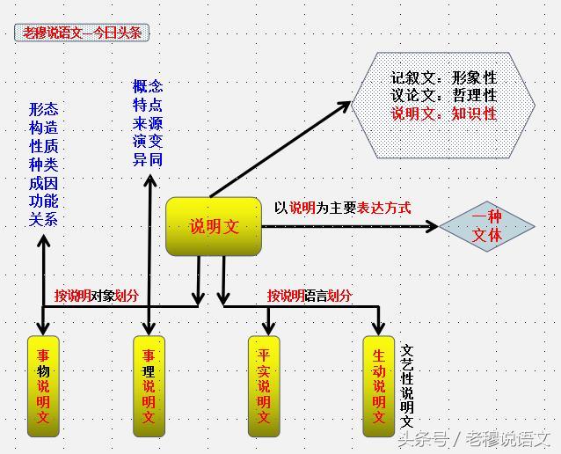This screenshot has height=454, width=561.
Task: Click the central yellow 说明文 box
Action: [214, 226]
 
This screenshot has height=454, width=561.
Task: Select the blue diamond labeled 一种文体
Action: [486, 226]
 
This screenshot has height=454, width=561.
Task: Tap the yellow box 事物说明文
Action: [43, 385]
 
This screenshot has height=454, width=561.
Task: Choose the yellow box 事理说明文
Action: [149, 385]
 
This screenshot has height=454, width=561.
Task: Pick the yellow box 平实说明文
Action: [264, 385]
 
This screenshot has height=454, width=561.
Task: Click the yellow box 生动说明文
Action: [379, 385]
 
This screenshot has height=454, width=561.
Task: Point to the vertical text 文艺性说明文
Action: [407, 385]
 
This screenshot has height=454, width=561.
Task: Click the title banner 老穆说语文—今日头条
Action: [83, 33]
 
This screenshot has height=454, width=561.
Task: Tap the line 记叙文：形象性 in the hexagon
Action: [443, 78]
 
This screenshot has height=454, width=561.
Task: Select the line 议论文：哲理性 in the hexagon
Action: [443, 96]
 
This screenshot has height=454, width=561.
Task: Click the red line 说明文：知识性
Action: [443, 113]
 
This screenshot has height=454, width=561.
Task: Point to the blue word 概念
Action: [147, 86]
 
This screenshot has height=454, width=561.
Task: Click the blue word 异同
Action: [147, 159]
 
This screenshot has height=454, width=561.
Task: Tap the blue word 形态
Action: [43, 110]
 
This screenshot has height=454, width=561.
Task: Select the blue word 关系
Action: [43, 219]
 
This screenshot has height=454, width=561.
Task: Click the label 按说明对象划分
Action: [96, 296]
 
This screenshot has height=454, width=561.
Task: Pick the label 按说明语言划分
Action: [310, 296]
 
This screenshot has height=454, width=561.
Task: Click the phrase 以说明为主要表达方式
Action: [342, 209]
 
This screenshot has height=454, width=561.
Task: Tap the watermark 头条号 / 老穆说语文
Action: [474, 437]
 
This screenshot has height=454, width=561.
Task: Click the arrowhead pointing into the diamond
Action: [432, 227]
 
